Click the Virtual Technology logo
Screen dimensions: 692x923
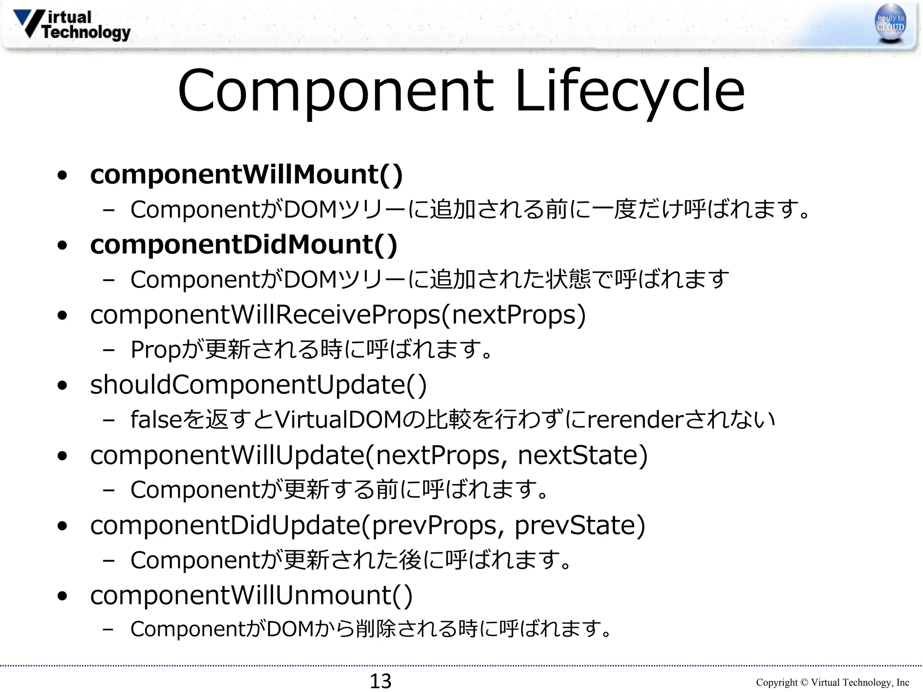click(x=72, y=25)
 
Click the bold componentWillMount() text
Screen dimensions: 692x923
click(x=246, y=175)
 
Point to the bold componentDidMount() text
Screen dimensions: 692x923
click(x=243, y=245)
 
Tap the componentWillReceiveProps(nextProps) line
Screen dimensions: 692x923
click(x=338, y=315)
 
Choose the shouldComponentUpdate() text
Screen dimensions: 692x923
click(x=258, y=385)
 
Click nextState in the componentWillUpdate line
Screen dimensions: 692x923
click(x=582, y=455)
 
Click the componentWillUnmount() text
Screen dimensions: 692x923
click(x=251, y=595)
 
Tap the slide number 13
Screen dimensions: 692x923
click(x=380, y=681)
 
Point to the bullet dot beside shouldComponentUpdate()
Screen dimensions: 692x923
click(x=63, y=386)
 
